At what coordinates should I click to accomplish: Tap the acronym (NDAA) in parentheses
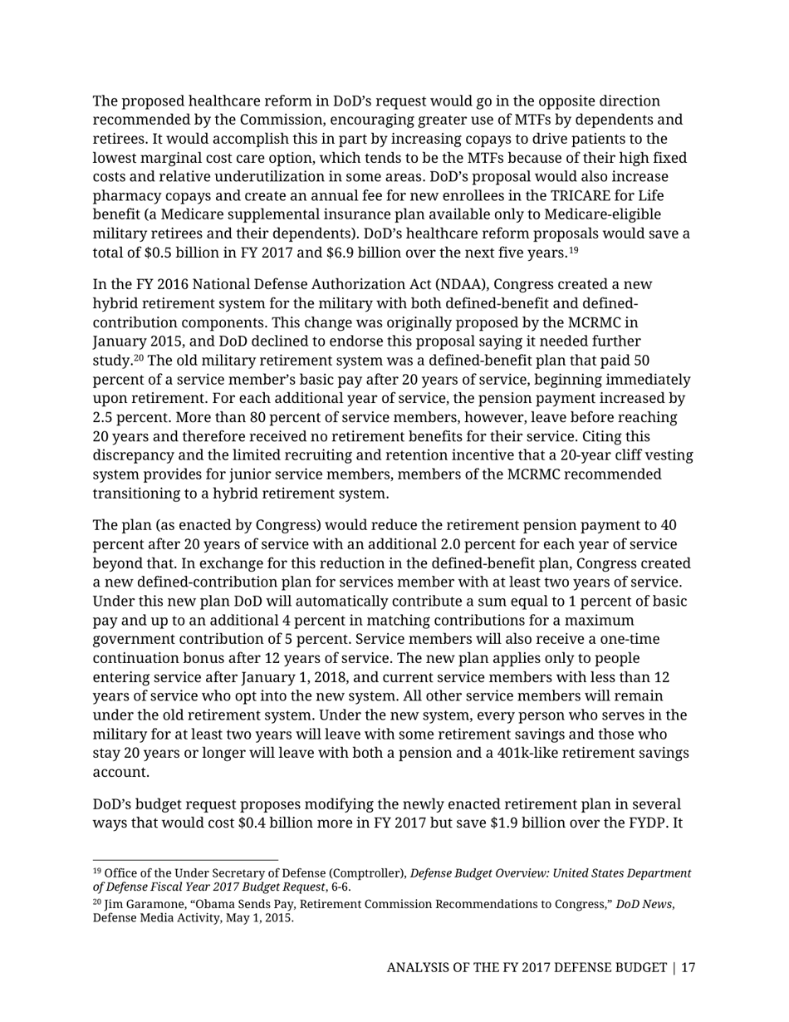tap(427, 285)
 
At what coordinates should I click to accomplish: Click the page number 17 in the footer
tap(688, 968)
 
